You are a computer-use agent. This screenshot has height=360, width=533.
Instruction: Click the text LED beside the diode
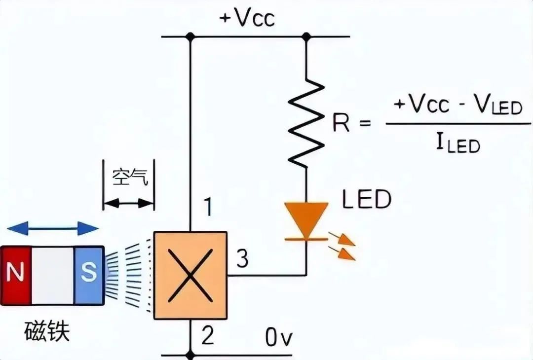[367, 199]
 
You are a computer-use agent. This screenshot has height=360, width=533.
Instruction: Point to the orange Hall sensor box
[190, 276]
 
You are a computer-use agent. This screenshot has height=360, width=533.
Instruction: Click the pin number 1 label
[208, 207]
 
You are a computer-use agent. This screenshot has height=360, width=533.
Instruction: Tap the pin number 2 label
[207, 334]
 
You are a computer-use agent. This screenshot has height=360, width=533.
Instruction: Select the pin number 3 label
[242, 258]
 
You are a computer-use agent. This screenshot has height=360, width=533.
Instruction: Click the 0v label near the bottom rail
[279, 338]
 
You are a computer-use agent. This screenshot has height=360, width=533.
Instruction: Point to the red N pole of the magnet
[16, 276]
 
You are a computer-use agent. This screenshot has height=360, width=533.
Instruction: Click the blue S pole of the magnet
[89, 276]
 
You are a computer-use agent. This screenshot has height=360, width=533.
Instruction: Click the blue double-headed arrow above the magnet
[53, 228]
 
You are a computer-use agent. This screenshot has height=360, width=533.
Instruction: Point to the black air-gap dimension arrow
[128, 204]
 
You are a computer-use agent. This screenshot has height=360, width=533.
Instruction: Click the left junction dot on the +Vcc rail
[190, 36]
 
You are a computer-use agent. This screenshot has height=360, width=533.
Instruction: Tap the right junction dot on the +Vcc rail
[306, 36]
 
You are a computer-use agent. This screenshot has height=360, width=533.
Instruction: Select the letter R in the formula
[341, 123]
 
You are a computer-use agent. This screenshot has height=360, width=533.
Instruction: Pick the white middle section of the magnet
[53, 276]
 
